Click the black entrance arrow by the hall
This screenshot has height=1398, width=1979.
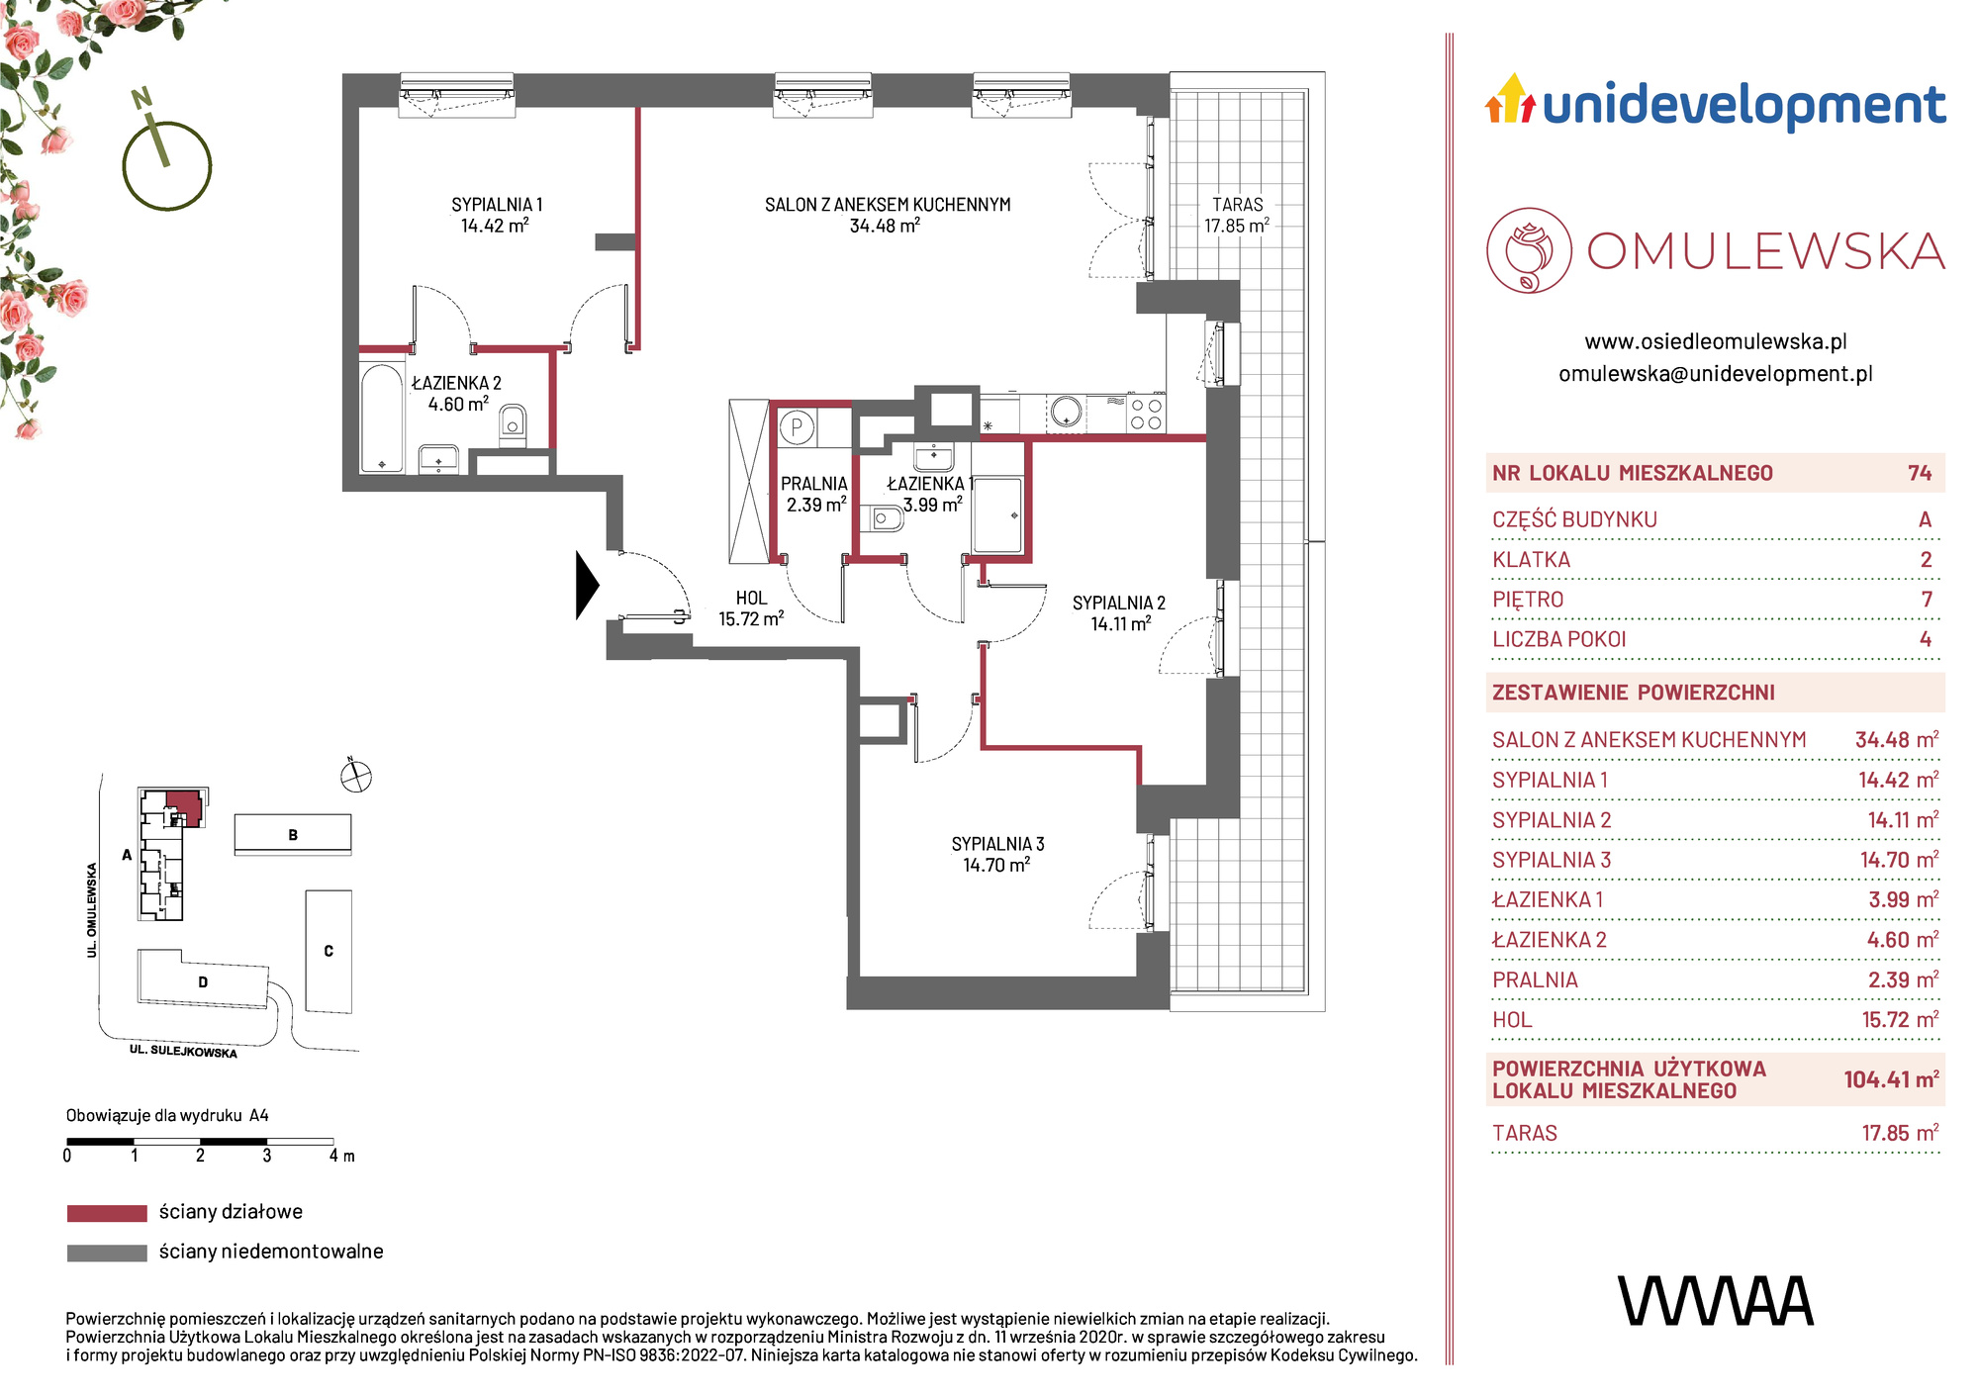pyautogui.click(x=587, y=586)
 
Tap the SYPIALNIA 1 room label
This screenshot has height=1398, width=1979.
pyautogui.click(x=497, y=205)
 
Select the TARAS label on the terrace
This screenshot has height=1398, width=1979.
pyautogui.click(x=1237, y=205)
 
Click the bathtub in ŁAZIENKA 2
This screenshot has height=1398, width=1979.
pyautogui.click(x=382, y=419)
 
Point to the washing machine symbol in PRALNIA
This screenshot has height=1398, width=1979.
pyautogui.click(x=797, y=428)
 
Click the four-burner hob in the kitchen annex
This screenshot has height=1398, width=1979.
pyautogui.click(x=1146, y=414)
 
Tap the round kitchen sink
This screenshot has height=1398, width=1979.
pyautogui.click(x=1066, y=412)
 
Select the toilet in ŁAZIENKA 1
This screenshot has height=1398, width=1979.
pyautogui.click(x=887, y=518)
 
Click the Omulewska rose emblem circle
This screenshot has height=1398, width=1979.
pyautogui.click(x=1529, y=250)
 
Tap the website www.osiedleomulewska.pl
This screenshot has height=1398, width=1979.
pyautogui.click(x=1716, y=342)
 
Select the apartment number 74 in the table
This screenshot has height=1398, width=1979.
pyautogui.click(x=1920, y=473)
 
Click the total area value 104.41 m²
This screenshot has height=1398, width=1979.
pyautogui.click(x=1891, y=1079)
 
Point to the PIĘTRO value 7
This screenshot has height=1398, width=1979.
pyautogui.click(x=1926, y=600)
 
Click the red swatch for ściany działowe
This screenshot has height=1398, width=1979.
pyautogui.click(x=107, y=1213)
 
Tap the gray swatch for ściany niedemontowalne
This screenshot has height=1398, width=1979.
pyautogui.click(x=107, y=1253)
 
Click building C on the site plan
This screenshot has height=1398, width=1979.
pyautogui.click(x=329, y=951)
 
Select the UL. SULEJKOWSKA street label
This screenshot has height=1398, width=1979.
pyautogui.click(x=183, y=1051)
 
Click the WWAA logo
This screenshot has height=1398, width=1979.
pyautogui.click(x=1716, y=1301)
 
